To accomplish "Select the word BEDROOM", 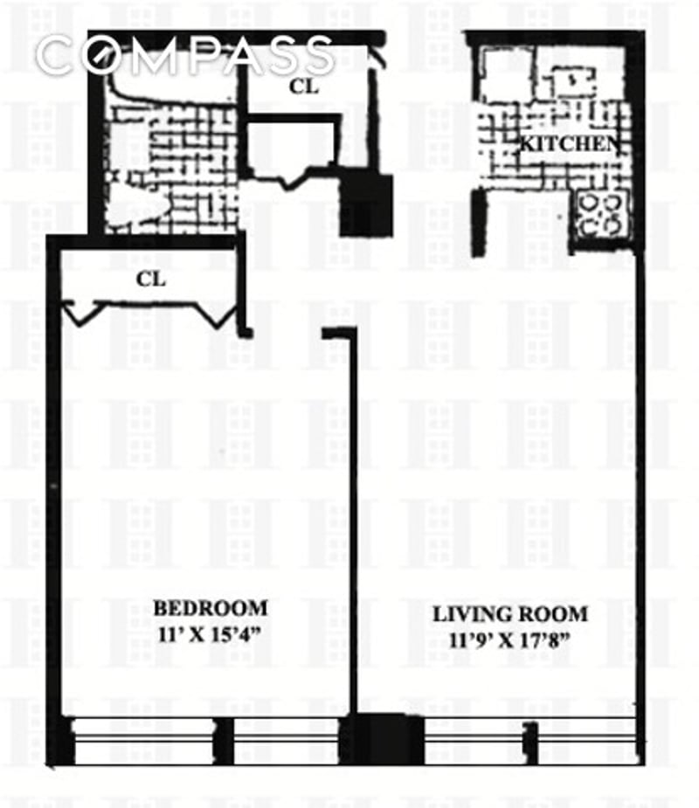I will (x=210, y=608).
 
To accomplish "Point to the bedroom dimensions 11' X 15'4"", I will (x=210, y=634).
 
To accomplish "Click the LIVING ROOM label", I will (x=510, y=613).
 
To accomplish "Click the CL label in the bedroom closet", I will (x=151, y=280).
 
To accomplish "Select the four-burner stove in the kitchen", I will (x=602, y=214).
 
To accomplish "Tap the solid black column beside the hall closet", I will (x=365, y=205).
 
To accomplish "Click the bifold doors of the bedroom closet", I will (x=153, y=310).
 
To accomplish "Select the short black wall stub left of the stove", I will (x=478, y=223).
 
